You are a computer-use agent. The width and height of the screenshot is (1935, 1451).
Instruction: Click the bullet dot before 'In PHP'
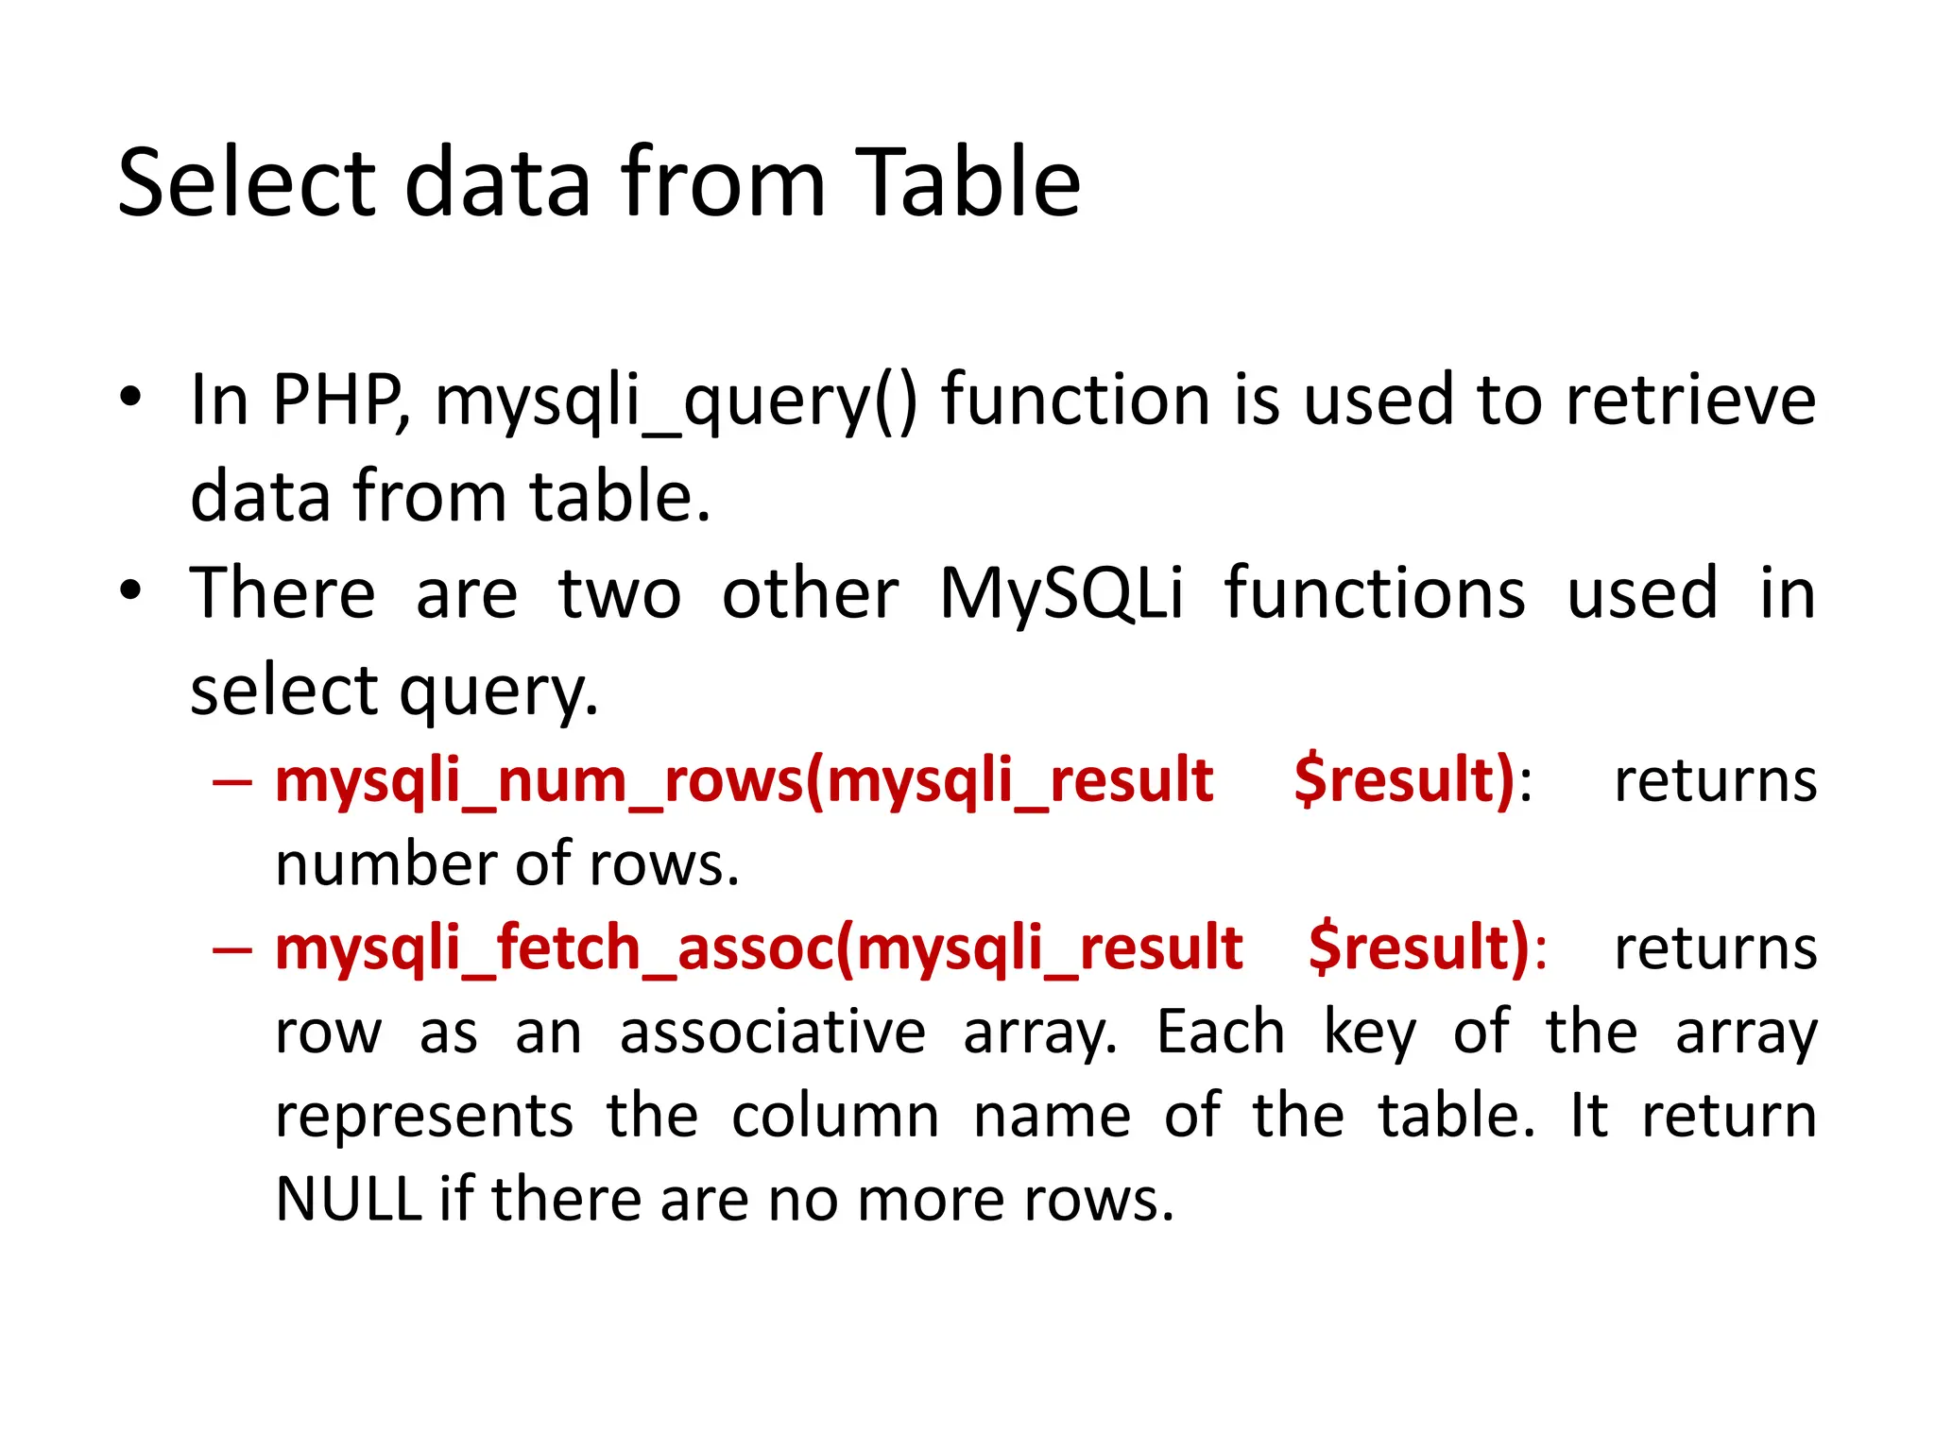pos(130,397)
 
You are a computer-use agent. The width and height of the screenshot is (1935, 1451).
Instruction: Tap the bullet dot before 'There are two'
pos(130,590)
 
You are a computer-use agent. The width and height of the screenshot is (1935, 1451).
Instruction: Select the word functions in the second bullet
pos(1375,593)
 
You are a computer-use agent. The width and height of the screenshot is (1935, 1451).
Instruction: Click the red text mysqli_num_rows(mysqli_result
pos(744,782)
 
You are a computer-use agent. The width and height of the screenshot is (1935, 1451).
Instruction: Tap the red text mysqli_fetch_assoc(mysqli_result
pos(759,948)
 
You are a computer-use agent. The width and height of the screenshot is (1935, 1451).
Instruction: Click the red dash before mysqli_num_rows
pos(232,782)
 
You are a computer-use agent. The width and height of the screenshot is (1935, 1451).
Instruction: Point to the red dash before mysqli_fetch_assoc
pos(232,948)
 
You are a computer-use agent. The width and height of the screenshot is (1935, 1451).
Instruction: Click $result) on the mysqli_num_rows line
pos(1405,782)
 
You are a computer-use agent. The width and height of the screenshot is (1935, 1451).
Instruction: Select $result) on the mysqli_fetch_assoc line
pos(1420,948)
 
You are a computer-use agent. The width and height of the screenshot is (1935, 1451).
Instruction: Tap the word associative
pos(772,1032)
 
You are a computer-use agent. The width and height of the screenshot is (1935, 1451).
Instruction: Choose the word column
pos(835,1116)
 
